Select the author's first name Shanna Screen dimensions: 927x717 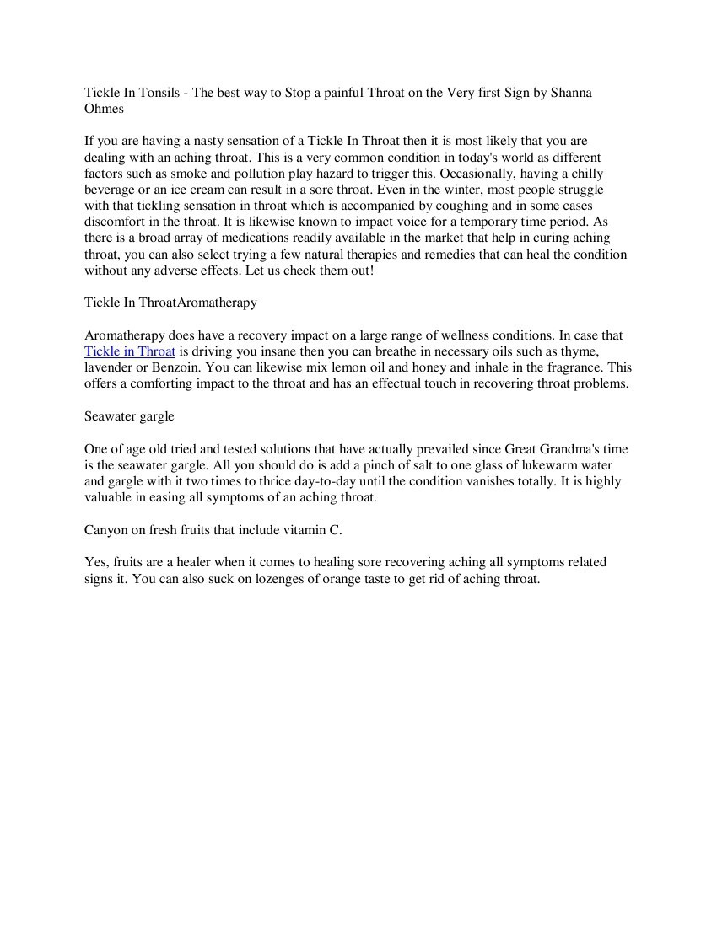(x=571, y=93)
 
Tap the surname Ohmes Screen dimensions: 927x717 (x=104, y=109)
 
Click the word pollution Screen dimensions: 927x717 (x=249, y=174)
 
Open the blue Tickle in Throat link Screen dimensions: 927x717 (x=130, y=351)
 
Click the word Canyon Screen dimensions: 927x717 (x=107, y=530)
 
